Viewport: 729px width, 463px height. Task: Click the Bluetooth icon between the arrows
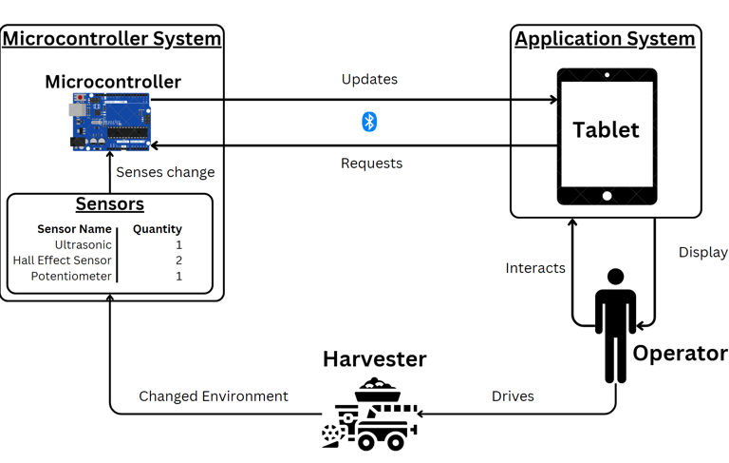[x=369, y=122]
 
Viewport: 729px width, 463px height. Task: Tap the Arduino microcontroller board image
[x=110, y=123]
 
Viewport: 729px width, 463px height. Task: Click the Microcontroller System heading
[x=112, y=39]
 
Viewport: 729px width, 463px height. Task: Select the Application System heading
[x=605, y=39]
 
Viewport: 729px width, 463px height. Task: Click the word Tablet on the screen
[x=606, y=129]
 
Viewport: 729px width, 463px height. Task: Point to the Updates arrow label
[x=369, y=80]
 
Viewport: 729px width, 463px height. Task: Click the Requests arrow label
[x=371, y=164]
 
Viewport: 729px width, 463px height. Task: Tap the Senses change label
[x=165, y=172]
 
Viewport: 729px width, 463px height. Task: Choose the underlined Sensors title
[x=110, y=204]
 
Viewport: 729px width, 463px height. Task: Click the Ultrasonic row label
[x=83, y=244]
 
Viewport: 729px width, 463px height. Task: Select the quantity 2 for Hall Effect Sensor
[x=178, y=260]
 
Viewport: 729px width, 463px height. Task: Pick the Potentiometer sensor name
[x=71, y=276]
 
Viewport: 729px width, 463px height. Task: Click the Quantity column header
[x=158, y=229]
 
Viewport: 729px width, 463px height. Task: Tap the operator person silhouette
[x=615, y=323]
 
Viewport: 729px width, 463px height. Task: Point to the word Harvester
[x=374, y=359]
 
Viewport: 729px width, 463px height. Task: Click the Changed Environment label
[x=213, y=396]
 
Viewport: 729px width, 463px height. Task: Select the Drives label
[x=513, y=396]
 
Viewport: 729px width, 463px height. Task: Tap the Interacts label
[x=535, y=268]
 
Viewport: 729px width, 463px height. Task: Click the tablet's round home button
[x=607, y=197]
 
